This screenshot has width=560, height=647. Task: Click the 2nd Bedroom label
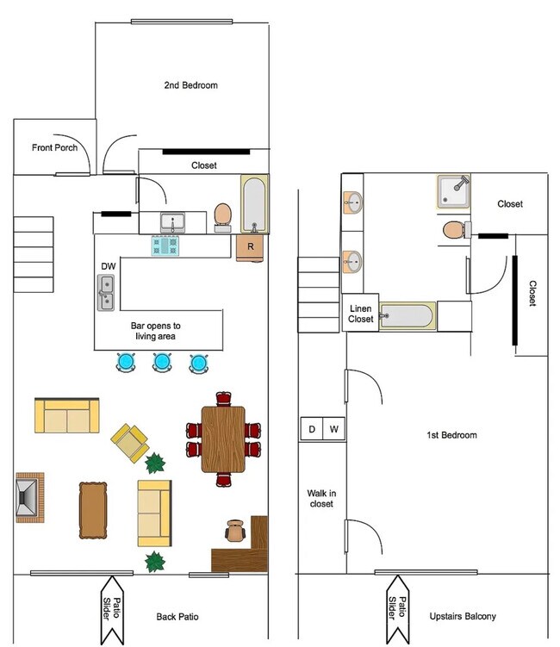[x=191, y=85]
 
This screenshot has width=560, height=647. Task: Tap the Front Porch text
[x=55, y=147]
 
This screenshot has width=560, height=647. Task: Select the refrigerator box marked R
[x=250, y=246]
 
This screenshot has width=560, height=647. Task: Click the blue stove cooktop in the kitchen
[x=167, y=246]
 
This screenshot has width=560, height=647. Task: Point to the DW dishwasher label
[x=109, y=266]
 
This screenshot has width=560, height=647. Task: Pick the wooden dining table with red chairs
[x=223, y=439]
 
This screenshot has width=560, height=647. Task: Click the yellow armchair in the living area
[x=131, y=441]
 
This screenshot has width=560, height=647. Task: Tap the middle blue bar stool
[x=161, y=363]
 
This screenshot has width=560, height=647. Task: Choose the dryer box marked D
[x=311, y=429]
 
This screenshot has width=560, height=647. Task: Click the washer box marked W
[x=334, y=429]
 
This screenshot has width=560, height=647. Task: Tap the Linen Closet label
[x=361, y=313]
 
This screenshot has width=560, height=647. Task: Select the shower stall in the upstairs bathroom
[x=453, y=192]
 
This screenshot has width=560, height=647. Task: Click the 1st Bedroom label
[x=451, y=435]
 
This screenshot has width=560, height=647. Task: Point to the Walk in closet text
[x=320, y=498]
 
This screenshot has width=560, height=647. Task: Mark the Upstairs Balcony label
[x=463, y=617]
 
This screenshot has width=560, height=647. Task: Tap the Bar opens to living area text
[x=156, y=332]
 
